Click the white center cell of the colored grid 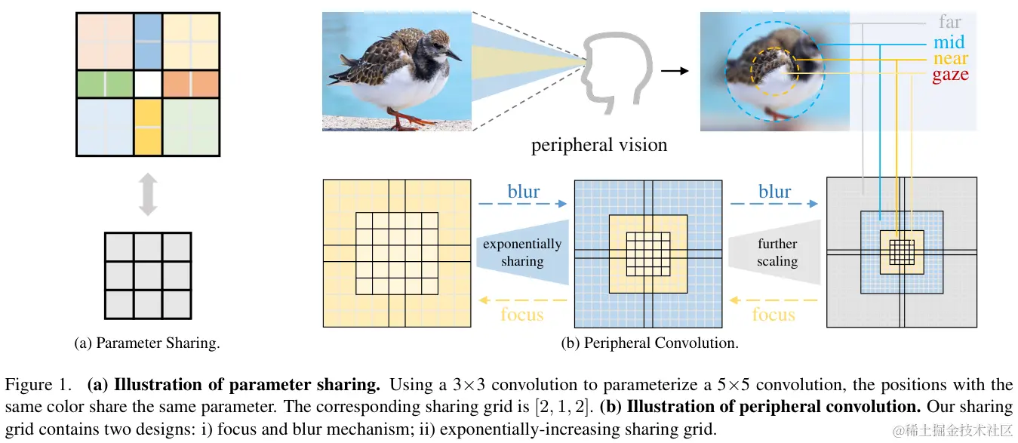(x=148, y=85)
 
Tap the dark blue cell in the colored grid (x=148, y=42)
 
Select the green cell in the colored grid (x=105, y=85)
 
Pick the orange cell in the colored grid (x=190, y=85)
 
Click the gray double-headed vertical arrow (x=148, y=194)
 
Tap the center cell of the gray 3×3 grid (x=148, y=275)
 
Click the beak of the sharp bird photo (x=454, y=55)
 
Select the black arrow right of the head (x=675, y=72)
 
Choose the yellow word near (x=950, y=58)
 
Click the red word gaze (x=950, y=75)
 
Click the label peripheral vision (x=598, y=145)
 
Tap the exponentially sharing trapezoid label (x=522, y=253)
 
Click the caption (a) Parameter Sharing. (x=147, y=343)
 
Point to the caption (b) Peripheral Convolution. (x=649, y=343)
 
